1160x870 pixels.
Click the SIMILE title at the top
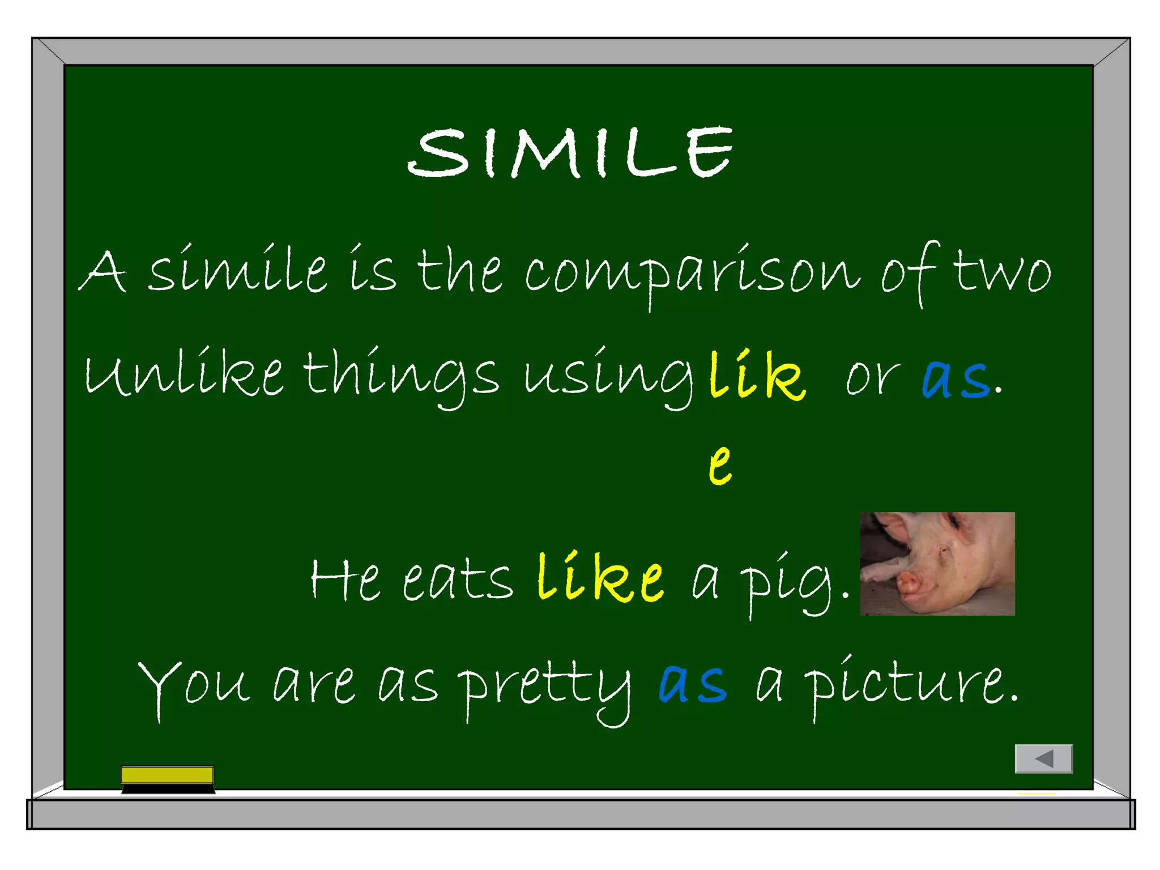pyautogui.click(x=570, y=152)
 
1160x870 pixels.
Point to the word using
pyautogui.click(x=608, y=376)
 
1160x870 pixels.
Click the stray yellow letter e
pyautogui.click(x=720, y=464)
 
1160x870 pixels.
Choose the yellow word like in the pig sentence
pyautogui.click(x=600, y=578)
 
